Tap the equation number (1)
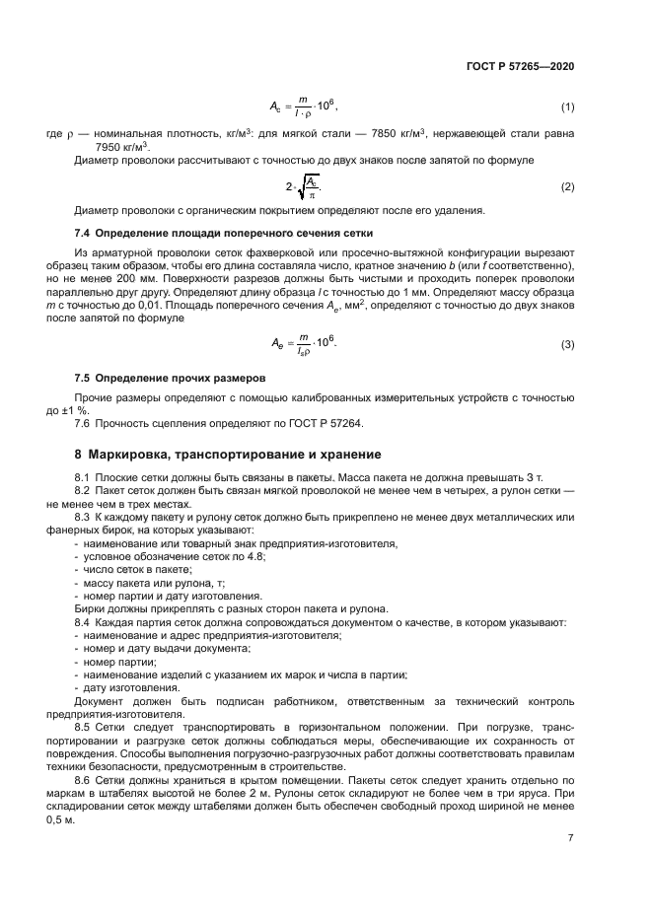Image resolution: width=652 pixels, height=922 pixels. (x=567, y=106)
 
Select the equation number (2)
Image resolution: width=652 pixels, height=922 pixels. (x=567, y=186)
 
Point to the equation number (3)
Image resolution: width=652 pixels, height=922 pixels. (x=567, y=343)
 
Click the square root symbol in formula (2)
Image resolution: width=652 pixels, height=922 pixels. (x=303, y=185)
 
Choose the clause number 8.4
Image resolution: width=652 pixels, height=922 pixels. (x=83, y=623)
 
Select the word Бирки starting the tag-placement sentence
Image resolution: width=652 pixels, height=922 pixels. (x=92, y=609)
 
